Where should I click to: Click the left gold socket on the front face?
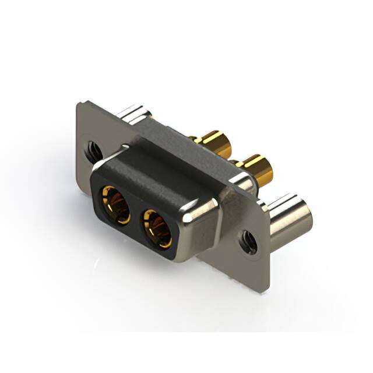(115, 204)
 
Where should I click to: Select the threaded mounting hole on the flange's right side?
(248, 241)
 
